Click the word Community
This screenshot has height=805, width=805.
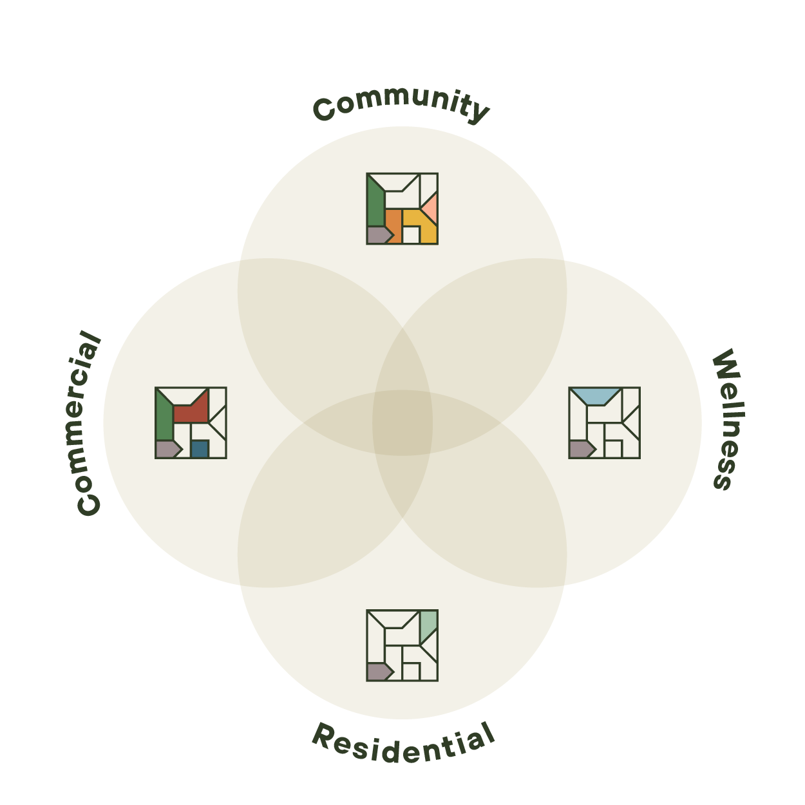pos(401,105)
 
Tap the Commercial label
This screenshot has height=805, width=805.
pos(89,422)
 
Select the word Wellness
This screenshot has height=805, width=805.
pos(728,419)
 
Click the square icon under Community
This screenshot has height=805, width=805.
pos(402,209)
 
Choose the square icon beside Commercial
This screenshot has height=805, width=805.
pos(191,422)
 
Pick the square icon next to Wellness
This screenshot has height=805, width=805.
pos(604,422)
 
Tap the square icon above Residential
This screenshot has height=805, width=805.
pos(402,645)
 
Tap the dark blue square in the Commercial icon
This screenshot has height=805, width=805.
pos(200,449)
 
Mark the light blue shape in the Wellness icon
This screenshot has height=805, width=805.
pos(596,395)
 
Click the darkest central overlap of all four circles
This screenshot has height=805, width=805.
pos(402,422)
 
